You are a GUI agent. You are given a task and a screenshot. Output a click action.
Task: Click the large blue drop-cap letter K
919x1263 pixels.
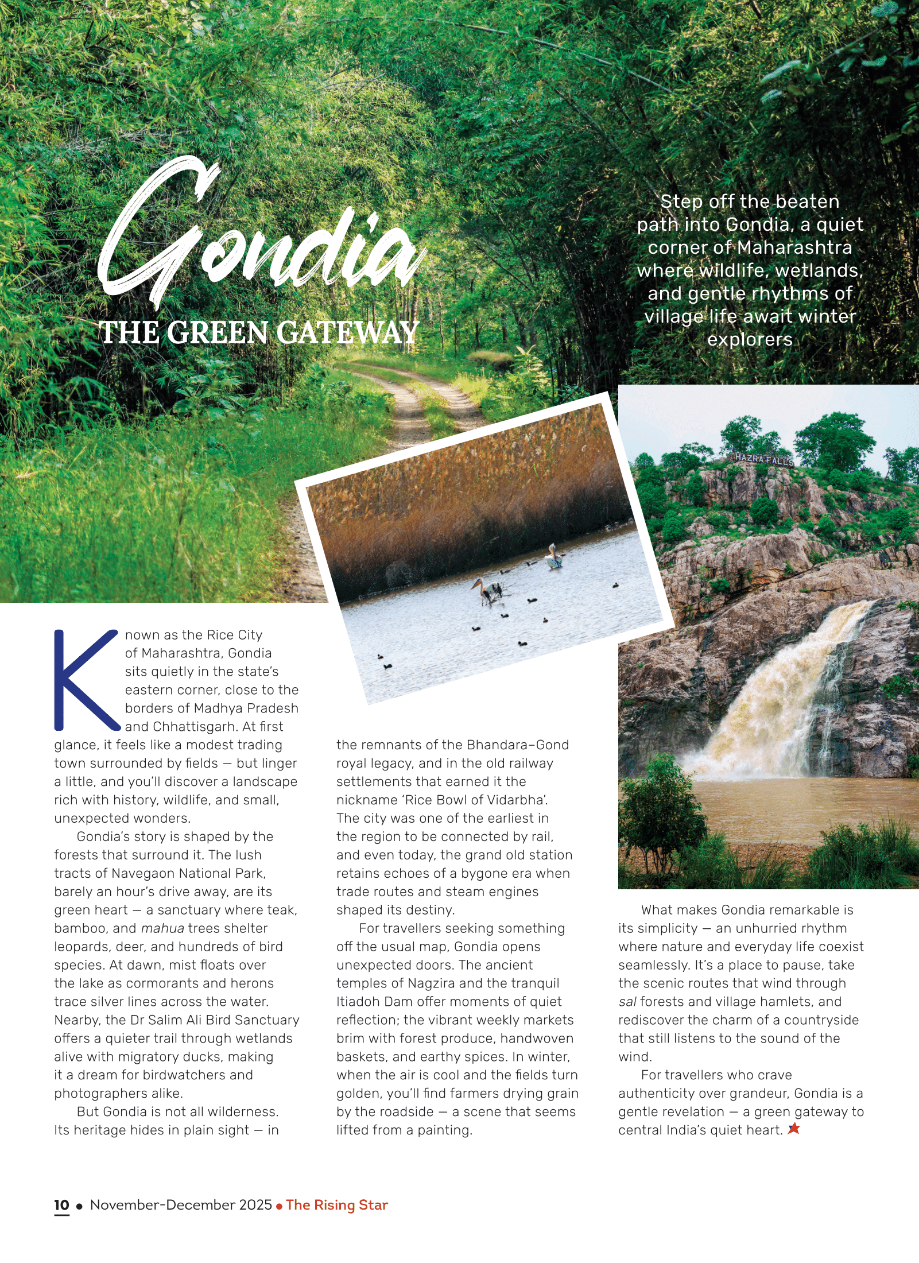pyautogui.click(x=86, y=680)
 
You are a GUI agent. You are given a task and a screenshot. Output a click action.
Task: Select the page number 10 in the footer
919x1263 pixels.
pyautogui.click(x=61, y=1205)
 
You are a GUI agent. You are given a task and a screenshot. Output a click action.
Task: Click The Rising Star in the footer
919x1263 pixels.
pyautogui.click(x=337, y=1205)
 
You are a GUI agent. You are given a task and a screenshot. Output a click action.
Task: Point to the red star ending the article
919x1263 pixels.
pyautogui.click(x=794, y=1129)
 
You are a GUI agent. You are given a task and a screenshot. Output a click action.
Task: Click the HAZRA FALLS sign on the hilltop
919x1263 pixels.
pyautogui.click(x=764, y=459)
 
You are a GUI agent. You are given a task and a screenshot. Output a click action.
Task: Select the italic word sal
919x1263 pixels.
pyautogui.click(x=627, y=1002)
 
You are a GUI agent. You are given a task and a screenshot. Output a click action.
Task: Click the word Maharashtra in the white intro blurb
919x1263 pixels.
pyautogui.click(x=794, y=247)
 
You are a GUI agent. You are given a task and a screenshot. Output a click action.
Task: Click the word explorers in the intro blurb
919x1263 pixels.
pyautogui.click(x=750, y=339)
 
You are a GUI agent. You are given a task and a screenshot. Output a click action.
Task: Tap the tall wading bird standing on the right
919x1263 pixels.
pyautogui.click(x=553, y=556)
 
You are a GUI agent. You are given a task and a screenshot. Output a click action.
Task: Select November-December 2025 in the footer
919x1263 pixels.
pyautogui.click(x=181, y=1205)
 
